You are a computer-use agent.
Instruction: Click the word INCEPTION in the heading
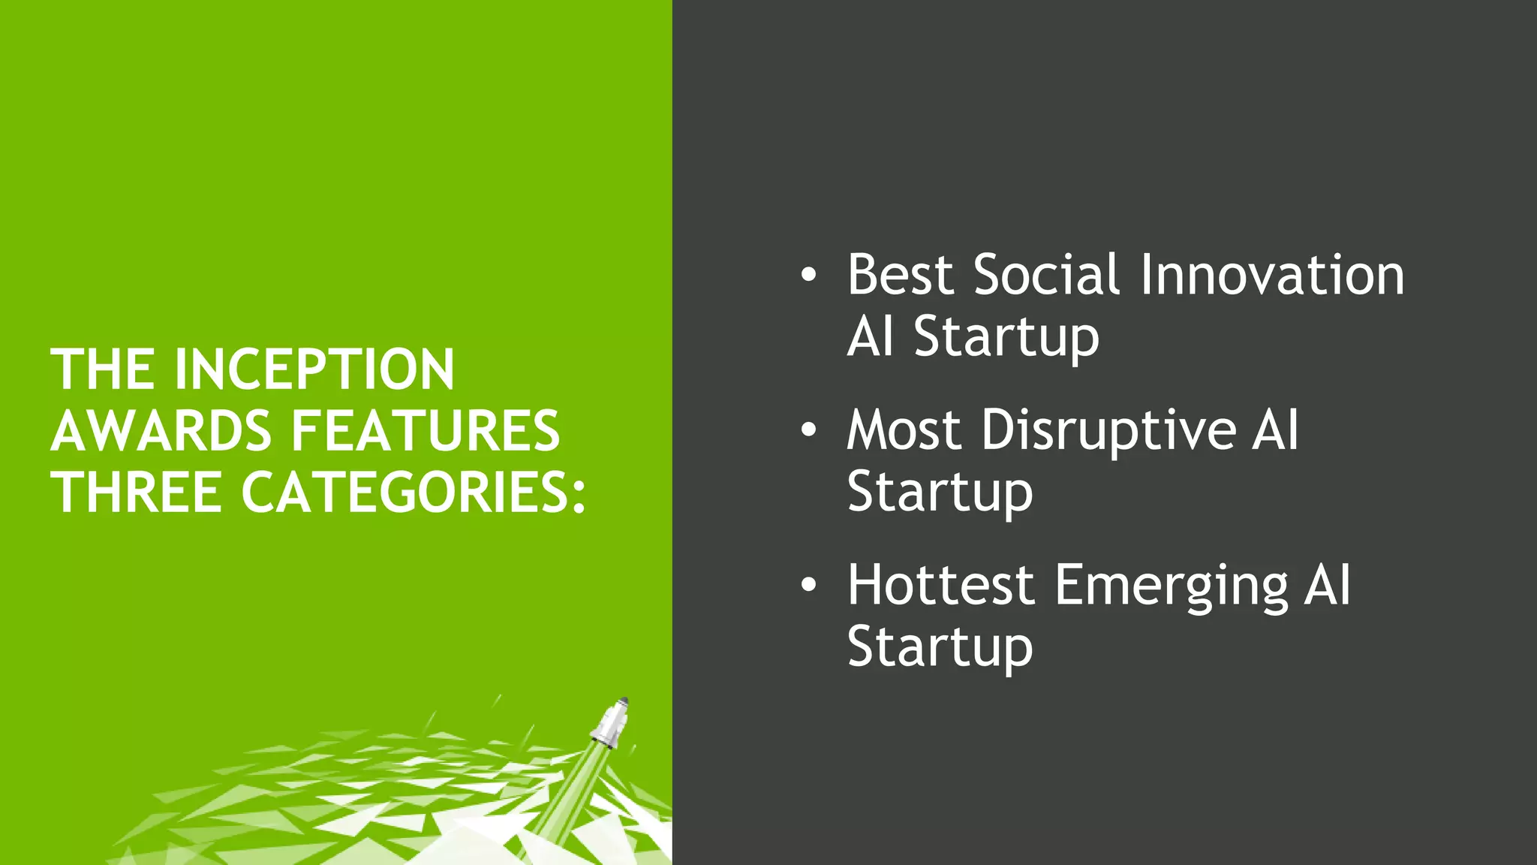[x=314, y=369]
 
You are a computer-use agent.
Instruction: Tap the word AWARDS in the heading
[x=161, y=431]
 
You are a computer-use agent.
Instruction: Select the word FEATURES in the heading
[x=425, y=431]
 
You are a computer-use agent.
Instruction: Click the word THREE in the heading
[x=136, y=493]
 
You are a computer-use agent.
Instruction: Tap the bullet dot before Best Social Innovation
[x=808, y=275]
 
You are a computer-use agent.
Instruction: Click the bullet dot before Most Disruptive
[x=808, y=430]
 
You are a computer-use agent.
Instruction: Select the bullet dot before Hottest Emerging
[x=808, y=585]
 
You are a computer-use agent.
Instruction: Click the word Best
[x=900, y=275]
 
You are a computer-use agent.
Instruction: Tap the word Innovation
[x=1271, y=275]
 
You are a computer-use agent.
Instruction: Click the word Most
[x=904, y=430]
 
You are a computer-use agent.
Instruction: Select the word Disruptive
[x=1108, y=430]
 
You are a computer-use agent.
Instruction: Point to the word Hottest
[x=941, y=585]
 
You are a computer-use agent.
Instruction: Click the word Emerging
[x=1171, y=585]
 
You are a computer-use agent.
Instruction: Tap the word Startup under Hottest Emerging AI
[x=940, y=647]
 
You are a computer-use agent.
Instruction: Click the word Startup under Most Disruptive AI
[x=940, y=493]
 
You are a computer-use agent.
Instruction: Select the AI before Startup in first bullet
[x=871, y=336]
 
